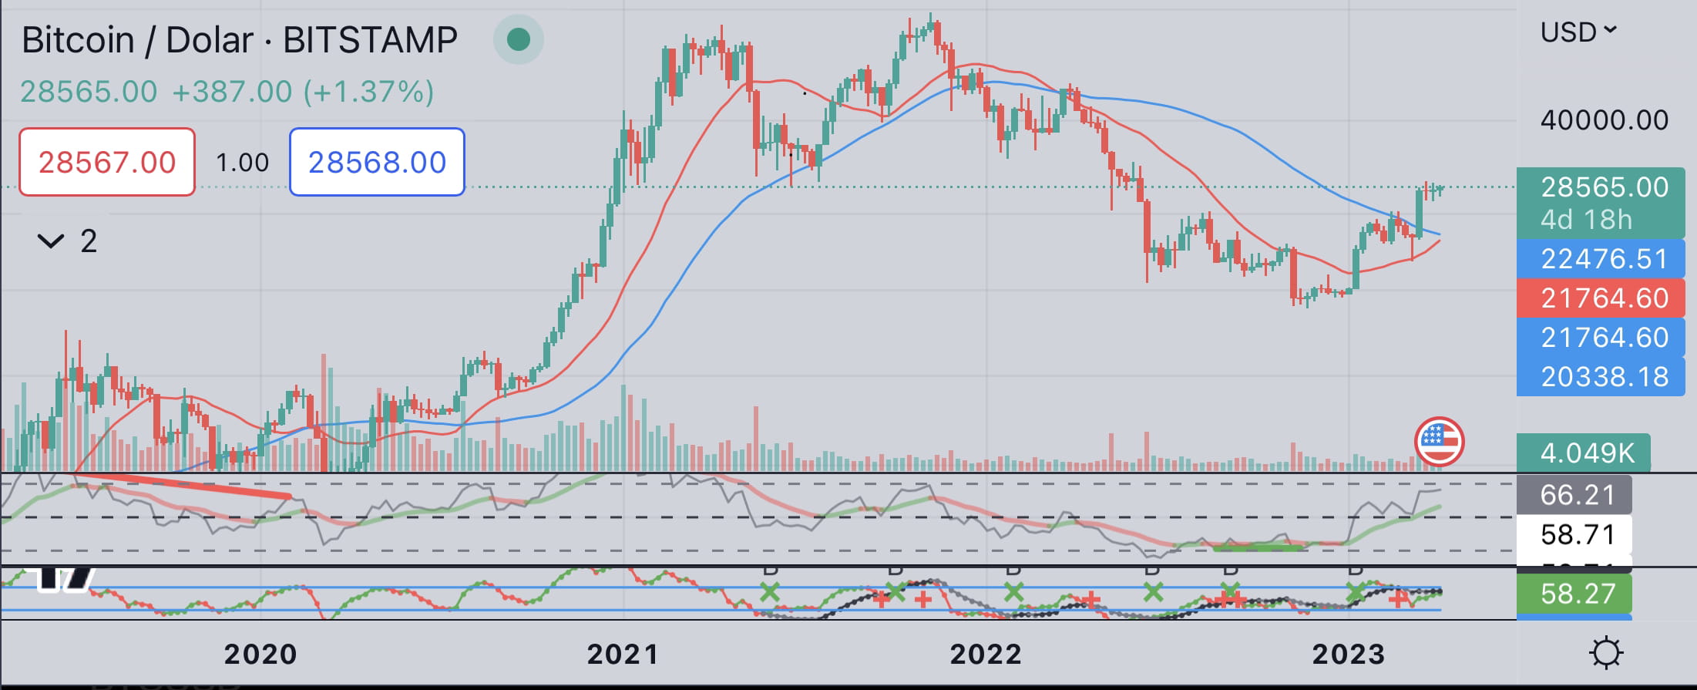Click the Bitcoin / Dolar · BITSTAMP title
click(x=240, y=40)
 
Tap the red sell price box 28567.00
click(x=107, y=162)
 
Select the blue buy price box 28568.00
click(x=377, y=162)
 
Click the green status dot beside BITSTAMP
click(x=519, y=39)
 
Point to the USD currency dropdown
click(x=1578, y=32)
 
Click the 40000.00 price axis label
click(x=1604, y=120)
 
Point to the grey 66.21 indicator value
click(x=1576, y=495)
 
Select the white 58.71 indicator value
click(x=1576, y=534)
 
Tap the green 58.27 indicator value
click(x=1576, y=594)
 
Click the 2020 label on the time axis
click(x=260, y=655)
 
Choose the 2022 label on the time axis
click(x=986, y=655)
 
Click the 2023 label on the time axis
click(x=1349, y=655)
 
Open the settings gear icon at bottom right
click(x=1606, y=653)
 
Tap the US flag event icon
click(x=1439, y=442)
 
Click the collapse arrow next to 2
click(x=51, y=242)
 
